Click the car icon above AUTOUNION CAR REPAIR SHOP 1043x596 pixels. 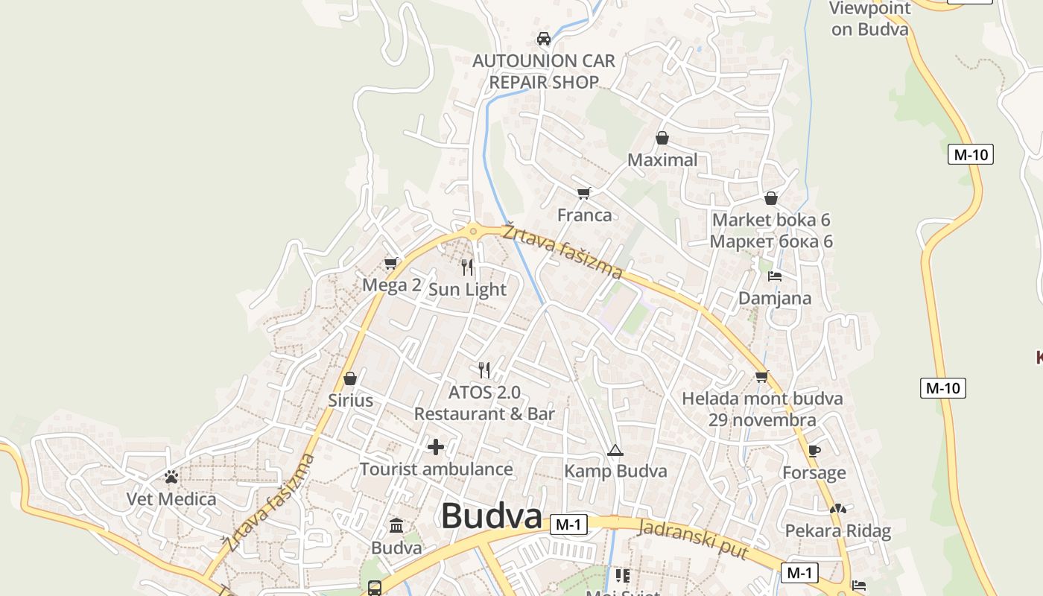pyautogui.click(x=544, y=39)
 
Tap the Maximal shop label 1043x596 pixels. pyautogui.click(x=662, y=160)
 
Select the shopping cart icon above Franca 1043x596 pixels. pyautogui.click(x=584, y=194)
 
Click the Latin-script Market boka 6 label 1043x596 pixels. pyautogui.click(x=771, y=220)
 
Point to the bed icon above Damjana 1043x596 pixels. pyautogui.click(x=775, y=276)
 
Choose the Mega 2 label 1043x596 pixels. pyautogui.click(x=392, y=285)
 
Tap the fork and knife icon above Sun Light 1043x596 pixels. pyautogui.click(x=467, y=267)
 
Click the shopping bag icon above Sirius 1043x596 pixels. pyautogui.click(x=350, y=378)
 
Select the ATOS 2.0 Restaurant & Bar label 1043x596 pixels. pyautogui.click(x=484, y=403)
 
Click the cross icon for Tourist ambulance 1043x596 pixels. pyautogui.click(x=436, y=447)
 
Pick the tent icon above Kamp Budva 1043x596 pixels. pyautogui.click(x=615, y=450)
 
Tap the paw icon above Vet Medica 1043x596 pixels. pyautogui.click(x=171, y=477)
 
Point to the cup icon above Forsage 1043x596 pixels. pyautogui.click(x=814, y=451)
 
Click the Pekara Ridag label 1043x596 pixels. pyautogui.click(x=838, y=531)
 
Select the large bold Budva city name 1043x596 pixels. pyautogui.click(x=492, y=516)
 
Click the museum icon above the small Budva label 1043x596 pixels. pyautogui.click(x=396, y=526)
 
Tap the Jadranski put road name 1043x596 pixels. pyautogui.click(x=694, y=537)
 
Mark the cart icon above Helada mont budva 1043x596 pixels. pyautogui.click(x=761, y=377)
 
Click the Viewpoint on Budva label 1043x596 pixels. pyautogui.click(x=870, y=19)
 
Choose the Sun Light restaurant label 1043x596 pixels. pyautogui.click(x=467, y=290)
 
